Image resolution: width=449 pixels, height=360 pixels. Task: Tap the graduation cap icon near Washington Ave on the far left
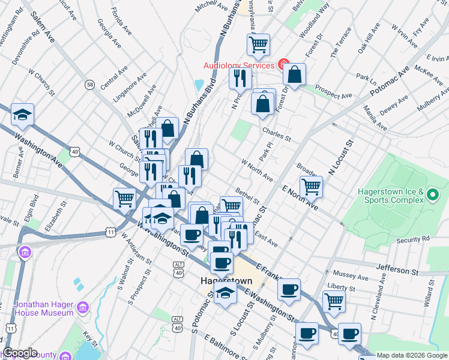[x=22, y=114]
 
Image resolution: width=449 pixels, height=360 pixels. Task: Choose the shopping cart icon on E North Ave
[x=311, y=186]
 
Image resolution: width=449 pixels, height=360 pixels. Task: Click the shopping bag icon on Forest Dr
[x=295, y=75]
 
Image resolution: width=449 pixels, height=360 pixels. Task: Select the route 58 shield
[x=89, y=85]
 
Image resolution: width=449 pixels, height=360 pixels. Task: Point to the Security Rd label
[x=413, y=239]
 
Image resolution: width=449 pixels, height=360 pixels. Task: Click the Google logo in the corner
[x=20, y=353]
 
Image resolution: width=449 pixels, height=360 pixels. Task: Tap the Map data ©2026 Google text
[x=412, y=355]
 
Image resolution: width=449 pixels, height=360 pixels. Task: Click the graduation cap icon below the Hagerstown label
[x=224, y=294]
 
